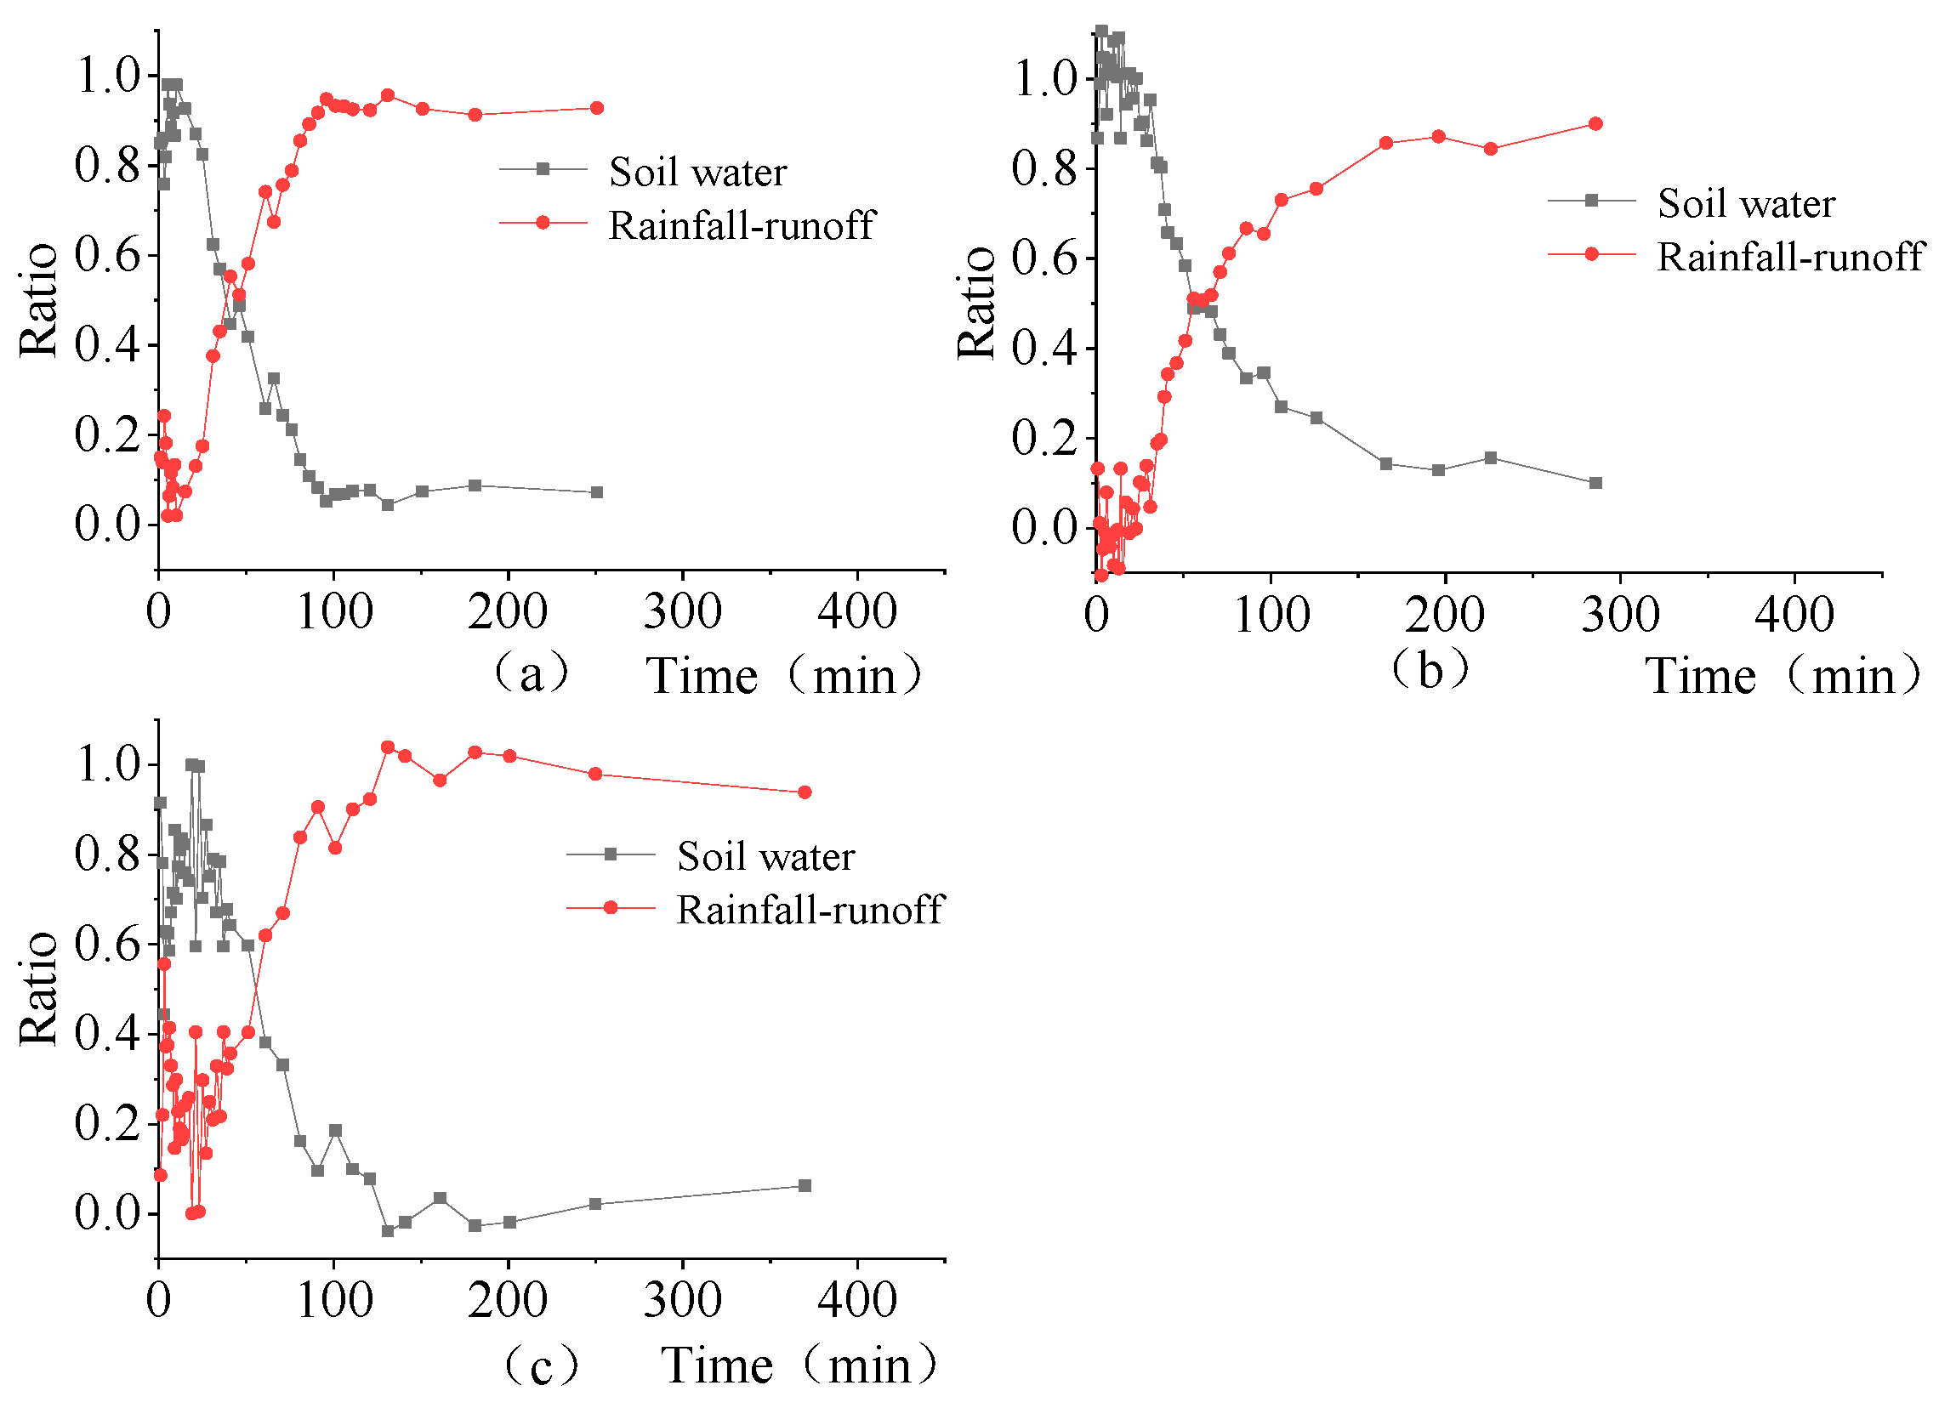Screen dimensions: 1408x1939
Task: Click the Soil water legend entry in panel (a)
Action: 697,172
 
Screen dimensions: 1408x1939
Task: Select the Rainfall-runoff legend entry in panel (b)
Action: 1789,257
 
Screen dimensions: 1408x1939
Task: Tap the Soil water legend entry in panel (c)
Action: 765,856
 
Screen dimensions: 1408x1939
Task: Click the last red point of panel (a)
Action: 597,108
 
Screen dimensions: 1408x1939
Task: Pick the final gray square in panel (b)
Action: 1595,483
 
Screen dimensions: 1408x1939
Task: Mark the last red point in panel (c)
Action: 805,792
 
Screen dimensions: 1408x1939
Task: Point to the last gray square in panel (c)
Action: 805,1186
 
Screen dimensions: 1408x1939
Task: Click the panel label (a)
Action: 531,674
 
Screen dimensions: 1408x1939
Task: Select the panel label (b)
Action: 1430,668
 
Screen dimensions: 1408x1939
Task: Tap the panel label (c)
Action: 540,1365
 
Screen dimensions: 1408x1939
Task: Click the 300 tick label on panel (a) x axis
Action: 682,612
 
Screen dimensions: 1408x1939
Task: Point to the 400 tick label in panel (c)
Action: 856,1300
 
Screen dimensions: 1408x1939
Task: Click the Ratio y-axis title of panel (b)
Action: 976,304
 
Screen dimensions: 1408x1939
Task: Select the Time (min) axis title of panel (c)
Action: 799,1365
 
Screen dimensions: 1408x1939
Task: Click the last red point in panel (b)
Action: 1595,124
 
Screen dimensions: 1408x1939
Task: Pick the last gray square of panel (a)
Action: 597,492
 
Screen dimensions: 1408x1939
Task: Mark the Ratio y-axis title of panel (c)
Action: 38,989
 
